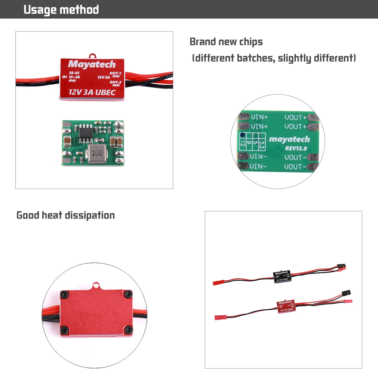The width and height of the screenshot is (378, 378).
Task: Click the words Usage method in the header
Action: point(61,10)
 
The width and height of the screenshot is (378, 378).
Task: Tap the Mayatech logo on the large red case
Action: point(92,64)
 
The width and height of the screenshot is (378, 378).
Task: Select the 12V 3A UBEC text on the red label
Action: point(92,92)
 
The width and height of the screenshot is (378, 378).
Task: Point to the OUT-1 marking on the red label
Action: point(115,73)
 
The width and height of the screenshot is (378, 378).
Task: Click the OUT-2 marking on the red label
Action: point(115,82)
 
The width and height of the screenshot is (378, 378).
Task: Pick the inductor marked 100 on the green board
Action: point(97,153)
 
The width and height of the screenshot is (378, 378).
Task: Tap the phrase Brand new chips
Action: point(226,42)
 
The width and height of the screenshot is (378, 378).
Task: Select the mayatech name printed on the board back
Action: point(289,139)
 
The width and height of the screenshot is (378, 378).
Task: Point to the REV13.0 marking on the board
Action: point(296,148)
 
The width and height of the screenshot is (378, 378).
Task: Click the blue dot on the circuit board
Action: point(242,135)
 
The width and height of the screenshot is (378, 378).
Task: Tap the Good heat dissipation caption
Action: point(66,215)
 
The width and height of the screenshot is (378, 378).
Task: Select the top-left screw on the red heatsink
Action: point(65,294)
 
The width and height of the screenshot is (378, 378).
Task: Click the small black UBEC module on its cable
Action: point(282,276)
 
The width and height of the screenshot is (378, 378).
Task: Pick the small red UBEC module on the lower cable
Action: point(286,306)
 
